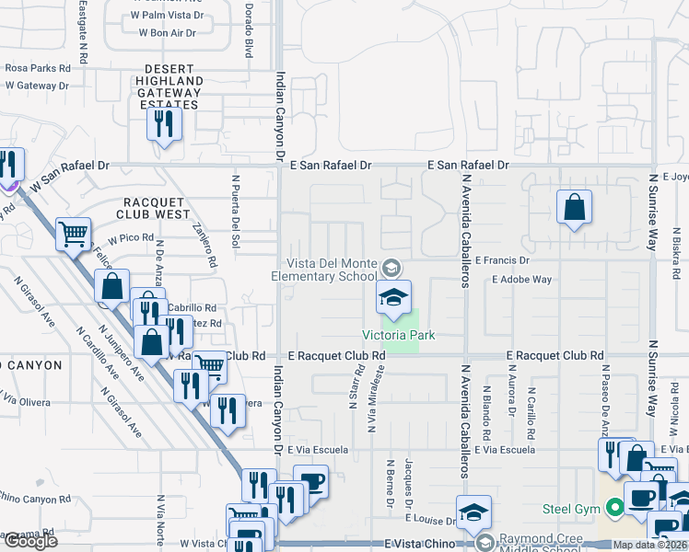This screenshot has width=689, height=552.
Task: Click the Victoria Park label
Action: pyautogui.click(x=398, y=336)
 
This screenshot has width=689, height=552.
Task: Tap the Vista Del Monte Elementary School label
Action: pyautogui.click(x=324, y=269)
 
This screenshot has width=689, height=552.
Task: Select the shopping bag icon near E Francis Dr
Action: pyautogui.click(x=574, y=209)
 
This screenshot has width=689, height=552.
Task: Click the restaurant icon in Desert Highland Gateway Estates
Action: pyautogui.click(x=164, y=123)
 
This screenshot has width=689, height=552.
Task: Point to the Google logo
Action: pyautogui.click(x=29, y=541)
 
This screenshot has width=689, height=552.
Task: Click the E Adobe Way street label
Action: pyautogui.click(x=521, y=279)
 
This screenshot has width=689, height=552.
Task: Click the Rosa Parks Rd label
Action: pyautogui.click(x=38, y=68)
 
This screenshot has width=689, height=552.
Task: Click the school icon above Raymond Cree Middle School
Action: pyautogui.click(x=473, y=512)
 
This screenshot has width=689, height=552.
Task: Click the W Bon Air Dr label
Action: pyautogui.click(x=168, y=33)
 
